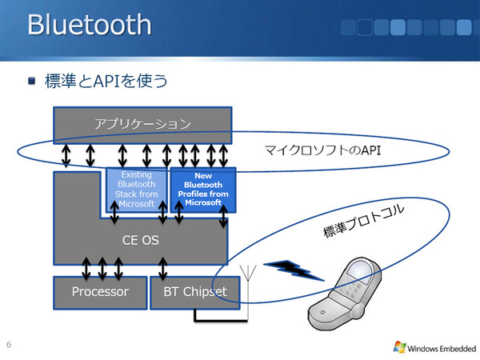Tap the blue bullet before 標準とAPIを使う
click(32, 81)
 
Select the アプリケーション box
click(142, 123)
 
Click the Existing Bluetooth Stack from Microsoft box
click(136, 189)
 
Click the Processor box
click(100, 292)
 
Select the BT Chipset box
click(194, 292)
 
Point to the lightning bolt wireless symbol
click(295, 270)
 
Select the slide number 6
click(8, 345)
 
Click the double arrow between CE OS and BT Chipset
click(163, 264)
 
